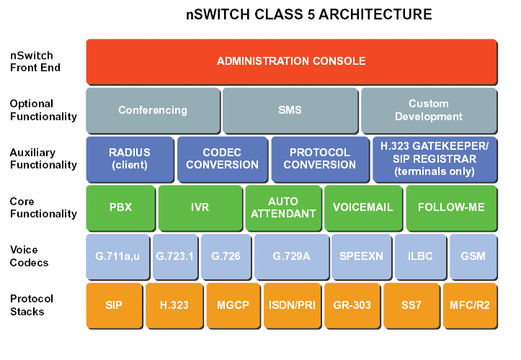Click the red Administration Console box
[x=291, y=62]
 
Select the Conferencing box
[x=153, y=111]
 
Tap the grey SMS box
[x=290, y=111]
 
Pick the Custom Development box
[x=429, y=111]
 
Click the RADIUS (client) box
[x=130, y=159]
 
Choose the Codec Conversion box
[x=222, y=159]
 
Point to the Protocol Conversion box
[x=320, y=159]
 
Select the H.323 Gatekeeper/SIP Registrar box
[x=435, y=159]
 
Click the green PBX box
[x=120, y=208]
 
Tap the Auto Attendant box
[x=283, y=208]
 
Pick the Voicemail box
[x=363, y=208]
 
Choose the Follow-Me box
[x=452, y=208]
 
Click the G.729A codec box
[x=291, y=257]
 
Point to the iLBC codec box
[x=420, y=257]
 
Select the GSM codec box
[x=473, y=257]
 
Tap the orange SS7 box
[x=411, y=306]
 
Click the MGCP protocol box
[x=233, y=306]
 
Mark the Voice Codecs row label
[x=30, y=256]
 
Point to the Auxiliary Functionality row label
[x=43, y=158]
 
